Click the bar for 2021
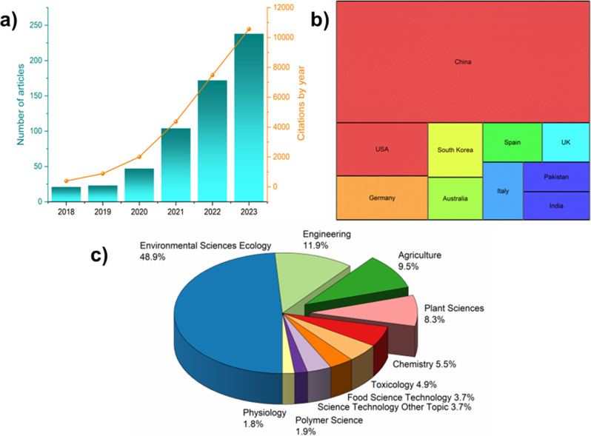pyautogui.click(x=176, y=165)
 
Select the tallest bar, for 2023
pyautogui.click(x=249, y=118)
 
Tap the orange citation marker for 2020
pyautogui.click(x=139, y=157)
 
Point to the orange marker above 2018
pyautogui.click(x=67, y=181)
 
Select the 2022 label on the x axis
pyautogui.click(x=213, y=212)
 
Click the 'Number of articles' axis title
pyautogui.click(x=20, y=104)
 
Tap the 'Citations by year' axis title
pyautogui.click(x=301, y=103)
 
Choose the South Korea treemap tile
pyautogui.click(x=455, y=150)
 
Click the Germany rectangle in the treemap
pyautogui.click(x=382, y=198)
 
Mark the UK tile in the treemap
pyautogui.click(x=566, y=142)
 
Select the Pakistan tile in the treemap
pyautogui.click(x=556, y=177)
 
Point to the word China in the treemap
pyautogui.click(x=463, y=61)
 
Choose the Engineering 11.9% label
pyautogui.click(x=327, y=240)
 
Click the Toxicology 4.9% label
pyautogui.click(x=404, y=385)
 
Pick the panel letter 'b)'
pyautogui.click(x=319, y=20)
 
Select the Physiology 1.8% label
pyautogui.click(x=264, y=418)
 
